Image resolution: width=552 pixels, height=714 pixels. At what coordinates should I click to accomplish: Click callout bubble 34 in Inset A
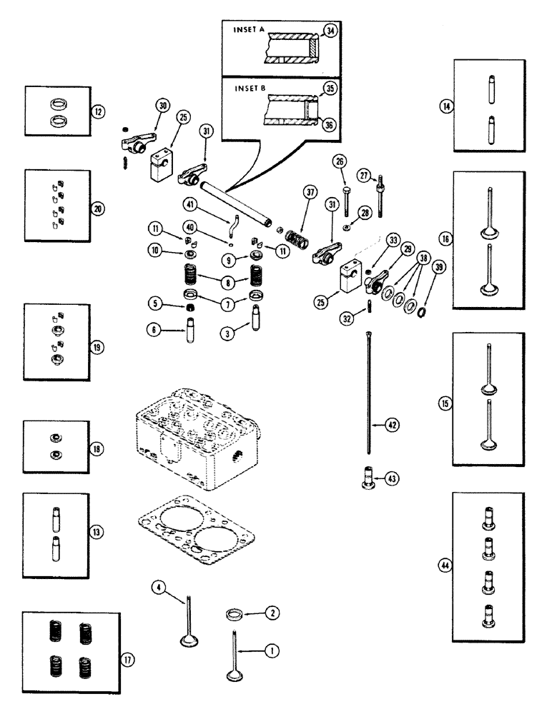click(330, 31)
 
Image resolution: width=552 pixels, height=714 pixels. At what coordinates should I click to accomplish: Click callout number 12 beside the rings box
click(97, 111)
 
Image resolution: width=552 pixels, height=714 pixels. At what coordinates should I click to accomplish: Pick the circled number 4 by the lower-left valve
click(158, 587)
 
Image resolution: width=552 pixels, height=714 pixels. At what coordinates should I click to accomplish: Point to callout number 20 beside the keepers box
click(97, 208)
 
